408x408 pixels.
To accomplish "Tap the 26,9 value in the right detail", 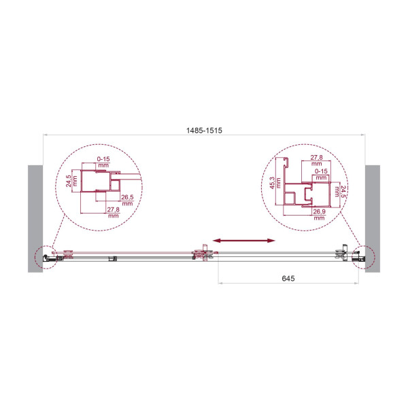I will click(x=318, y=212).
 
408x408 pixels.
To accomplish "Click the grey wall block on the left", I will click(x=35, y=218).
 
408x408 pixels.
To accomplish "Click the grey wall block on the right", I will click(x=373, y=218).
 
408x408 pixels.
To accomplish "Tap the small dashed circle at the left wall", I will click(x=45, y=256).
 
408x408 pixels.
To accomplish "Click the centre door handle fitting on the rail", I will click(x=203, y=255).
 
